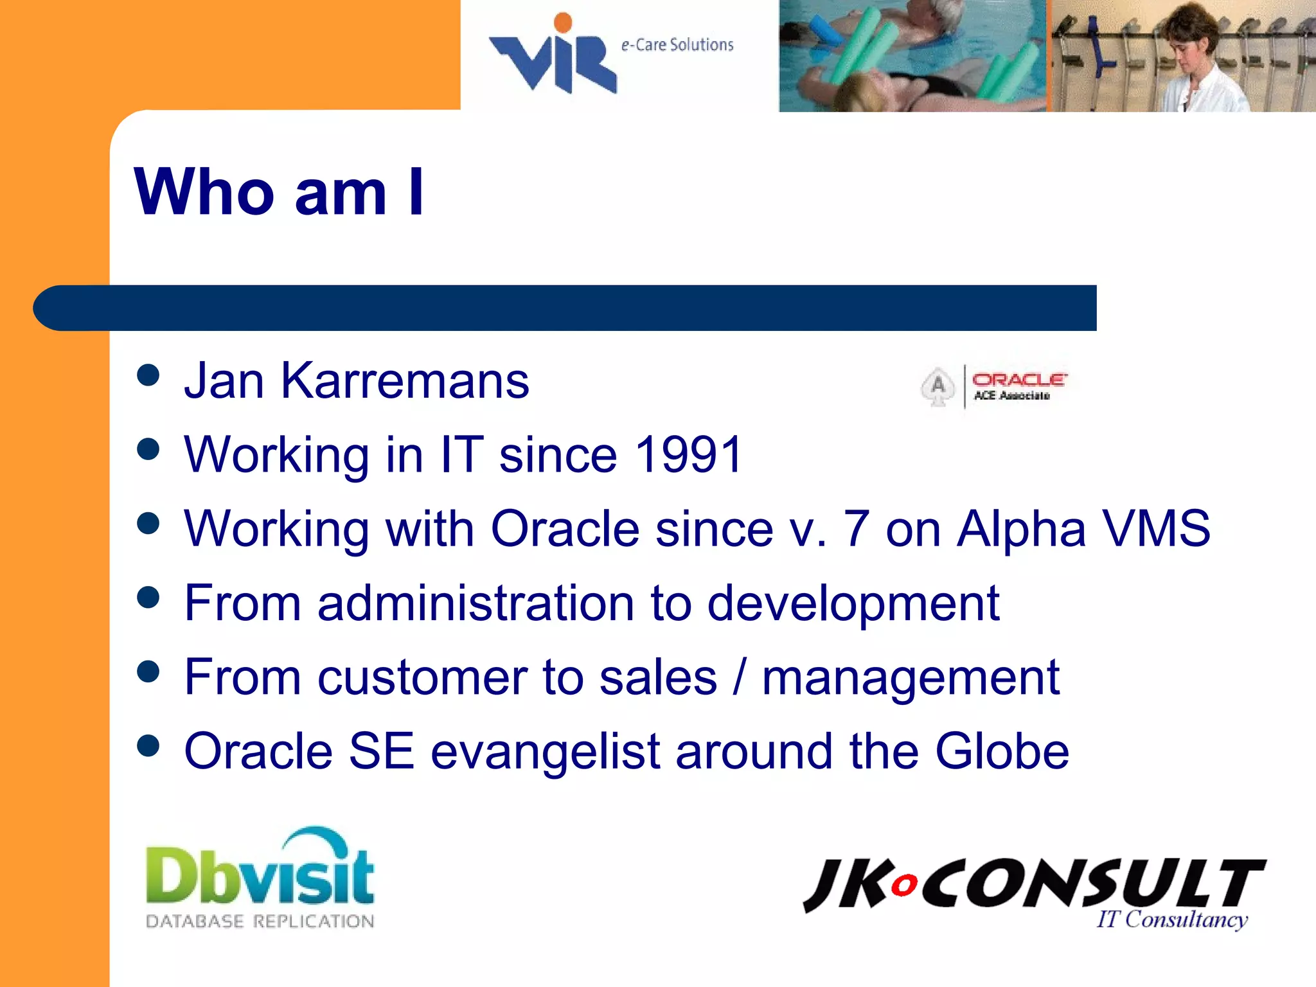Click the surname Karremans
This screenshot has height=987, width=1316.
point(405,380)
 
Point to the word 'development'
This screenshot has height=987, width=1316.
point(853,603)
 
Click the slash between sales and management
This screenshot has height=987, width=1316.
point(740,677)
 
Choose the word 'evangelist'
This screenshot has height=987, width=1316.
point(545,752)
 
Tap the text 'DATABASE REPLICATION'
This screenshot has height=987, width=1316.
point(260,921)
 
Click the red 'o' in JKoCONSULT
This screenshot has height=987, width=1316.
point(904,885)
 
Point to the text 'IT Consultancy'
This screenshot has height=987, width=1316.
point(1171,919)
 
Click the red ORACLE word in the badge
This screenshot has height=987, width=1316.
point(1018,380)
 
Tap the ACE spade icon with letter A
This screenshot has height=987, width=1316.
point(938,386)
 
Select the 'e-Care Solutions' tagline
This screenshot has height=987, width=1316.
point(677,44)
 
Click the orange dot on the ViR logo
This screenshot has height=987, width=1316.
point(563,22)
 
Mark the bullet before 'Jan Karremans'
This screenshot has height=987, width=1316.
point(148,375)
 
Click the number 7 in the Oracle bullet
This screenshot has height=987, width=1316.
point(856,528)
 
